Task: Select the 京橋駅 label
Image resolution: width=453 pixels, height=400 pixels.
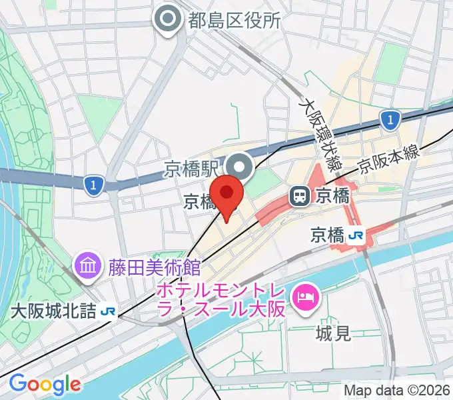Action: (193, 167)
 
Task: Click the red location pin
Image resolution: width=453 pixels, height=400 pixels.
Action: (228, 195)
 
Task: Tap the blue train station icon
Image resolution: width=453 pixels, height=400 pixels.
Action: (300, 196)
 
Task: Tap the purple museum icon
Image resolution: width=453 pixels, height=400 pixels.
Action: (87, 268)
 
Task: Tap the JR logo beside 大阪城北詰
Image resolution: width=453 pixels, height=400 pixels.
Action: (108, 311)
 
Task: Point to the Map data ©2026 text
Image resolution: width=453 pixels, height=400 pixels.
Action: (397, 390)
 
